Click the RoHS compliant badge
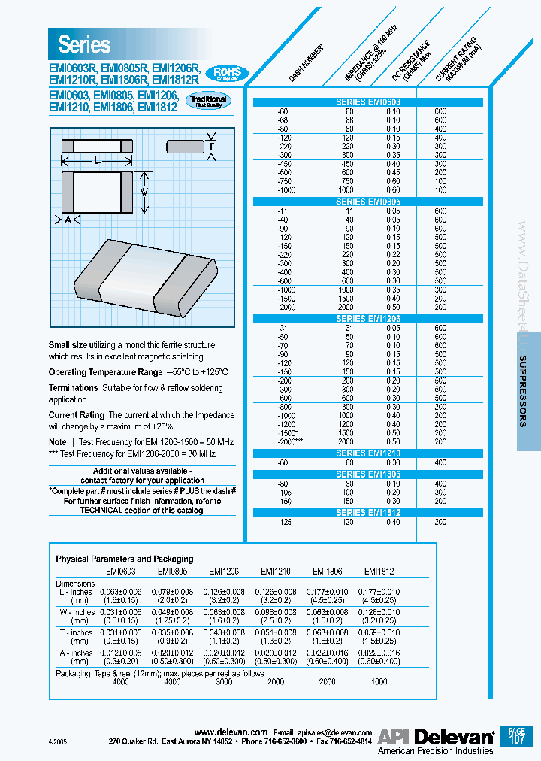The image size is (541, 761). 227,74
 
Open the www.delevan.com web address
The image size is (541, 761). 231,732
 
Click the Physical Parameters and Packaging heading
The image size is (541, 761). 124,559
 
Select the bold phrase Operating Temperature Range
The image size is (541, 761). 105,372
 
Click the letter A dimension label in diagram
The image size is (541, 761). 68,219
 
